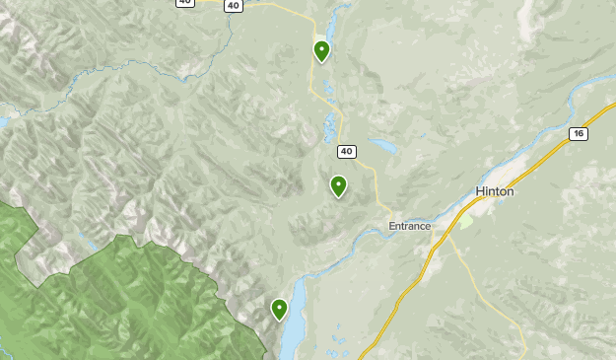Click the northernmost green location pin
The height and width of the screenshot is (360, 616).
(x=321, y=49)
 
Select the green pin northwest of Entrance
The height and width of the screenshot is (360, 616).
(x=338, y=184)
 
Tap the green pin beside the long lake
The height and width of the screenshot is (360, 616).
(x=279, y=309)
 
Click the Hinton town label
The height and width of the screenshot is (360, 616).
(x=494, y=191)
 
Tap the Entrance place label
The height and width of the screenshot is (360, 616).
(x=409, y=226)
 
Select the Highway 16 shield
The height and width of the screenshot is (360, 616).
(x=578, y=133)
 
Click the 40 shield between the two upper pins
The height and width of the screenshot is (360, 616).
(x=345, y=151)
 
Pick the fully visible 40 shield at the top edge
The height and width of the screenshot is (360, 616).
(x=233, y=5)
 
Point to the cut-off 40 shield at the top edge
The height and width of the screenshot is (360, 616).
(x=185, y=2)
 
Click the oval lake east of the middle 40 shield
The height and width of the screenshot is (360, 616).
(x=383, y=147)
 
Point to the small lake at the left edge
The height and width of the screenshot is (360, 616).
(x=3, y=122)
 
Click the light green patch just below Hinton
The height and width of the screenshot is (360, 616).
(x=465, y=222)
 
